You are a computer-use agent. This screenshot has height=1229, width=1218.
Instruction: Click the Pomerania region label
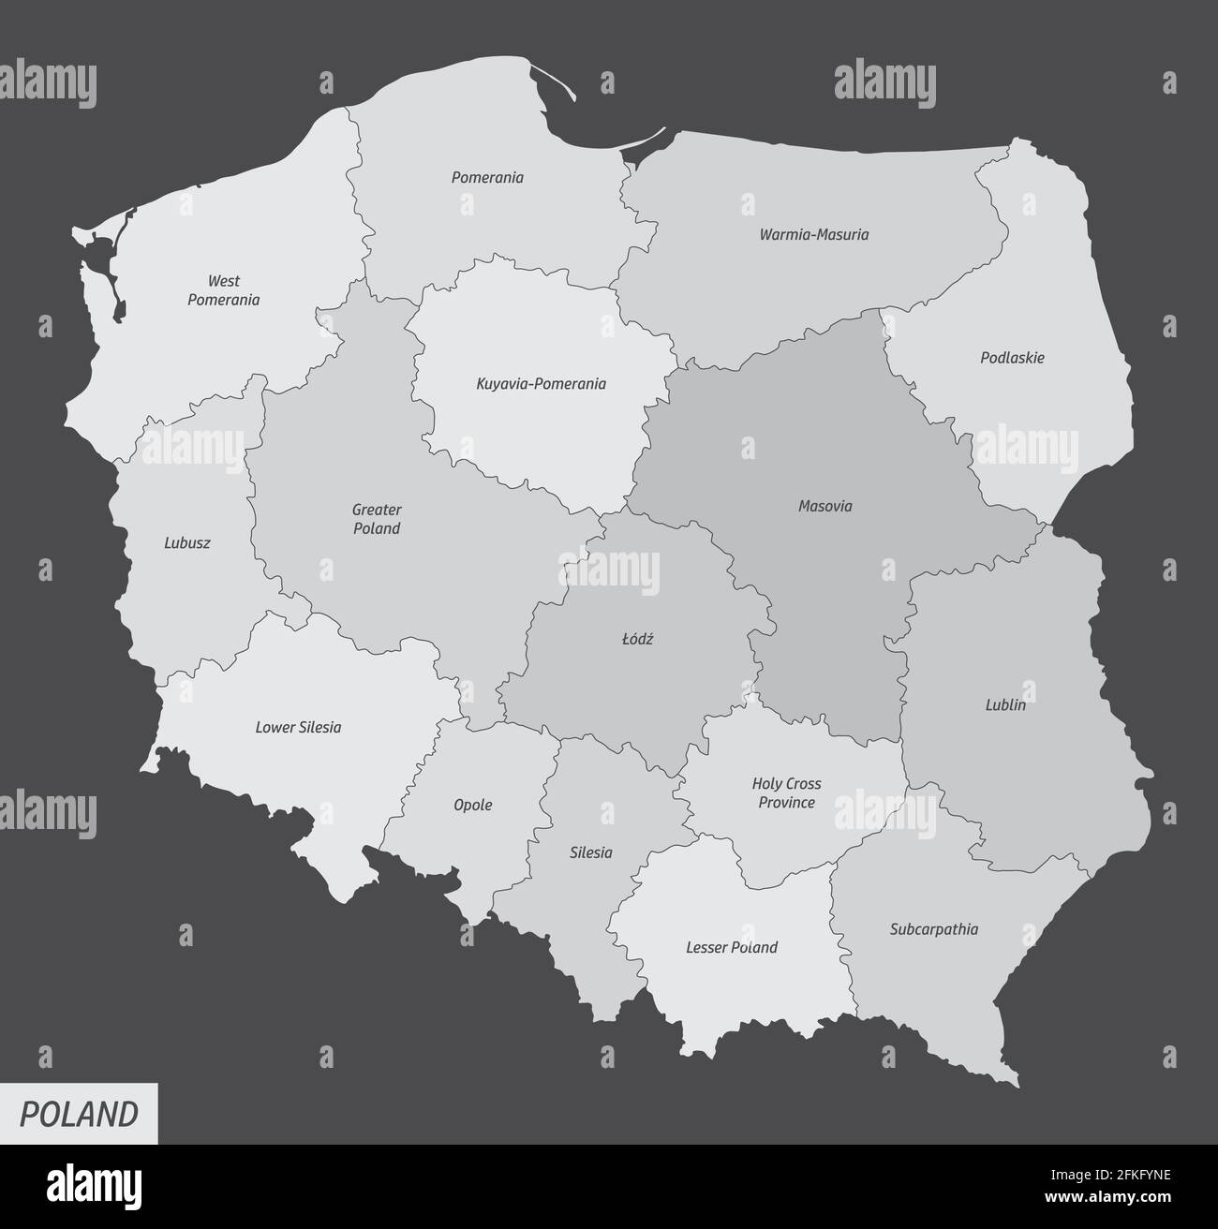pos(487,177)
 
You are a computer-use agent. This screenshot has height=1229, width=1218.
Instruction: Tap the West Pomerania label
pos(223,290)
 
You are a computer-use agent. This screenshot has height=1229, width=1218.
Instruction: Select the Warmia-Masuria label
pos(813,234)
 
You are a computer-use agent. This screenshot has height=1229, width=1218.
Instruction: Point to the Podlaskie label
pos(1012,358)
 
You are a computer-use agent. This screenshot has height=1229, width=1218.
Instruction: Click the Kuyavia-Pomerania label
pos(541,384)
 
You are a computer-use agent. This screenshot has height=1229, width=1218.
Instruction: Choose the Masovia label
pos(824,507)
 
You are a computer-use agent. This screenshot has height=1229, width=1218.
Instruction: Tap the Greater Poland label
pos(376,519)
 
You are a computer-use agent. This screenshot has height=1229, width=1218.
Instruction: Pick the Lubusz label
pos(187,542)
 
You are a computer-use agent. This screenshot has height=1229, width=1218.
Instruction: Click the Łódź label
pos(637,640)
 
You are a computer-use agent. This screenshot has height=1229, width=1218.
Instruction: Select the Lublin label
pos(1004,705)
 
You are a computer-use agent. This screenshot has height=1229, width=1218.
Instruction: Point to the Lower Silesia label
pos(298,727)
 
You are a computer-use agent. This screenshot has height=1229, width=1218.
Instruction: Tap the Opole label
pos(472,806)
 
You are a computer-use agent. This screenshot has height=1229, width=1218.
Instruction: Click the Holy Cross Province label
pos(786,793)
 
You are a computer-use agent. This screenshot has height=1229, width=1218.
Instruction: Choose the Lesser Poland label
pos(732,948)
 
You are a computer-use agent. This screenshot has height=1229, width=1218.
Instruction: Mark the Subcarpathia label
pos(933,930)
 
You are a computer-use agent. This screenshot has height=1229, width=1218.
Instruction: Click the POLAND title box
pos(79,1114)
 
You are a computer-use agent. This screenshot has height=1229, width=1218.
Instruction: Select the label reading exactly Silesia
pos(590,853)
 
